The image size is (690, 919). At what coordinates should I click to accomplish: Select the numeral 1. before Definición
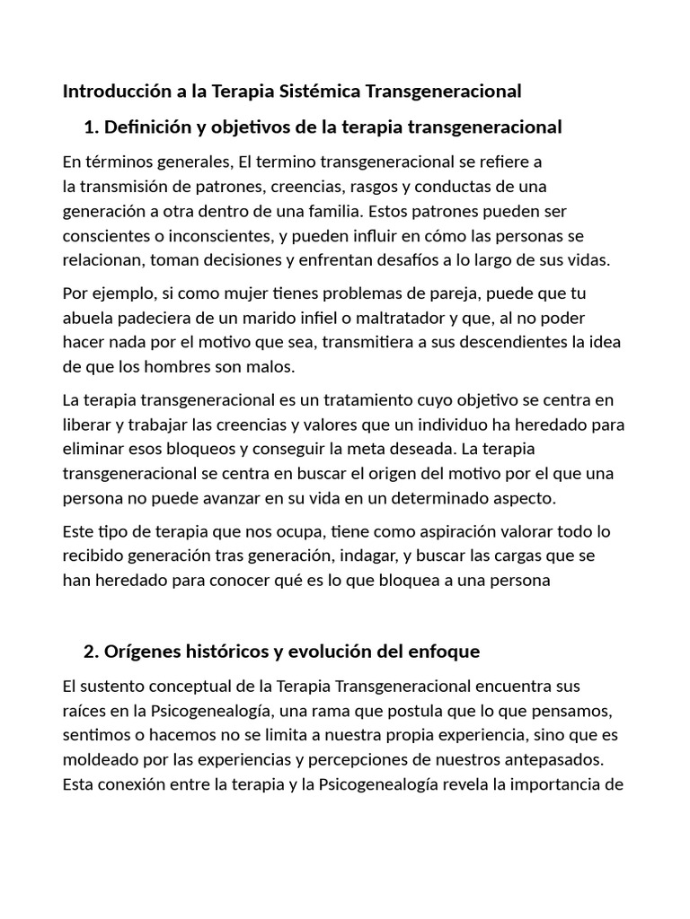90,127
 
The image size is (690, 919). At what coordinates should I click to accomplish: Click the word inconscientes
192,236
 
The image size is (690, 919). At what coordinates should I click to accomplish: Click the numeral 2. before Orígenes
90,651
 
